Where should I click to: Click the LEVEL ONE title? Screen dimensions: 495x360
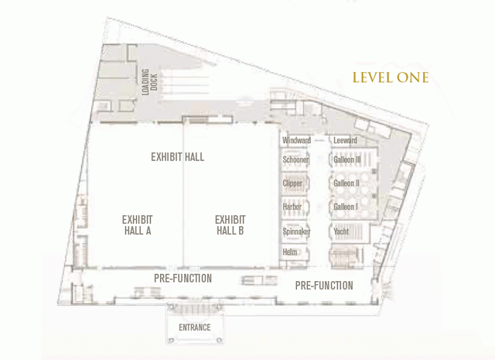(390, 77)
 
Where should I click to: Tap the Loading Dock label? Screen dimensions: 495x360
(149, 82)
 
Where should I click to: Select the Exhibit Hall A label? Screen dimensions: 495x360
(138, 225)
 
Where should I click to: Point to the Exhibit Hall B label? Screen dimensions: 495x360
(230, 225)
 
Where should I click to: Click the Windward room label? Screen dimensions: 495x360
(296, 140)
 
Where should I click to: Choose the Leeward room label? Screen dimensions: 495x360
(345, 140)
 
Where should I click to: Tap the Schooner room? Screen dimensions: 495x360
(295, 159)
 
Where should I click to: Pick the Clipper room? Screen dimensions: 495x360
(295, 183)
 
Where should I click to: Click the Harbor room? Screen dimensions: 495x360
(295, 207)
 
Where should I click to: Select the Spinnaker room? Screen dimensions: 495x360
(295, 231)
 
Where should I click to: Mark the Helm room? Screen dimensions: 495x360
(295, 252)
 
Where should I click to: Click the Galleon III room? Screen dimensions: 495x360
(353, 159)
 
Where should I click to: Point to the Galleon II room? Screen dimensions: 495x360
(353, 183)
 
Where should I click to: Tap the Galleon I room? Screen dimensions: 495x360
(353, 207)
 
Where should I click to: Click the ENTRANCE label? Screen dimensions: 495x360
(195, 327)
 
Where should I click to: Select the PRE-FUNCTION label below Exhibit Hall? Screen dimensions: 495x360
(183, 279)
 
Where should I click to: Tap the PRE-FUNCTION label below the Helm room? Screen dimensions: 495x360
(324, 286)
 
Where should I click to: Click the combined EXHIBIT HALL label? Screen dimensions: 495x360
(177, 157)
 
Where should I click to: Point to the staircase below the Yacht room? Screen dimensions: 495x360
(346, 256)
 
